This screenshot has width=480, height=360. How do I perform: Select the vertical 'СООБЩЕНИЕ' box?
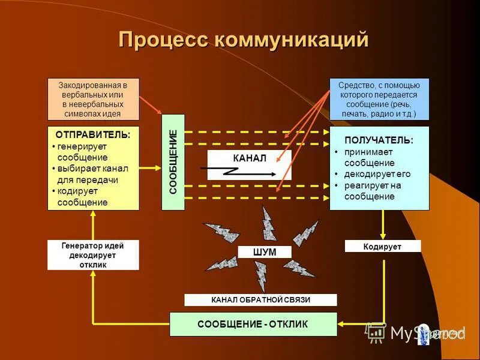[x=173, y=162]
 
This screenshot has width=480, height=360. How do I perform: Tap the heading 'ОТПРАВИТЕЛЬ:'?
[x=93, y=135]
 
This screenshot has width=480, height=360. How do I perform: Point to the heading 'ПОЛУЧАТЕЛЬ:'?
[x=379, y=140]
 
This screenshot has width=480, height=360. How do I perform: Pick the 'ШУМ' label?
[x=265, y=253]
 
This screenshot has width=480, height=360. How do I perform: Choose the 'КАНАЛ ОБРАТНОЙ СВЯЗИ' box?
[x=260, y=300]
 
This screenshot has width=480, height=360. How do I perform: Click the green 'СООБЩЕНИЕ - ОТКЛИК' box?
[x=253, y=324]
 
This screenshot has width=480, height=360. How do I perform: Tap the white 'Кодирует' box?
[x=382, y=247]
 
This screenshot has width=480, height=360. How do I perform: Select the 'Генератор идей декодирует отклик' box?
[x=93, y=255]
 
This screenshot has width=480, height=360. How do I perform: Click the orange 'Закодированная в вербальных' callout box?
[x=93, y=99]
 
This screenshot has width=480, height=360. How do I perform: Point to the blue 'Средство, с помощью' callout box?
[x=379, y=99]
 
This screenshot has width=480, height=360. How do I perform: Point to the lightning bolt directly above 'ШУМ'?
[x=268, y=223]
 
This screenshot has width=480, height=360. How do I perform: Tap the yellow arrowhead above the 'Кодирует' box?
[x=383, y=233]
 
